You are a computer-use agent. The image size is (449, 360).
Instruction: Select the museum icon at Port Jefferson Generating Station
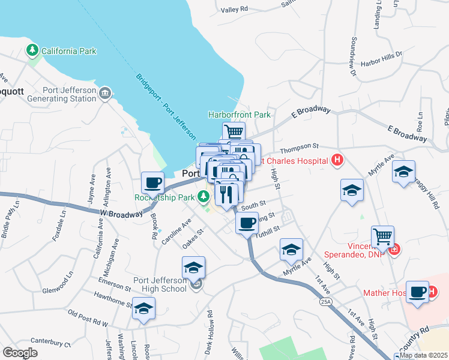click(105, 93)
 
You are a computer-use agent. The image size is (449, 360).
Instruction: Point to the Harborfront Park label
click(239, 115)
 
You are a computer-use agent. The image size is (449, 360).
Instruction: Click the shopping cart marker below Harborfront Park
click(234, 131)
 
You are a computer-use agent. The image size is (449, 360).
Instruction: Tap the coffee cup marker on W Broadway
click(152, 182)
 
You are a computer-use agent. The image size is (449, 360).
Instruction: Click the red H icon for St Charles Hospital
click(338, 160)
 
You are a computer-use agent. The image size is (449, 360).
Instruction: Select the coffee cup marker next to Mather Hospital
click(417, 292)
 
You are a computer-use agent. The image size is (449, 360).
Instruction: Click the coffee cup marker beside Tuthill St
click(247, 224)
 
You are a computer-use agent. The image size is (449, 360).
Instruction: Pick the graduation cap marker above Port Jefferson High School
click(193, 267)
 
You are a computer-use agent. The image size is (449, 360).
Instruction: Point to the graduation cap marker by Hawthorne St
click(143, 310)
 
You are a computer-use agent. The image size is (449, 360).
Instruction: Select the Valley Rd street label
click(234, 10)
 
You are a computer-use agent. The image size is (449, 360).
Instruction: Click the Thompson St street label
click(298, 146)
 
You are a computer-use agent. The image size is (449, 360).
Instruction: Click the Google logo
click(20, 353)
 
